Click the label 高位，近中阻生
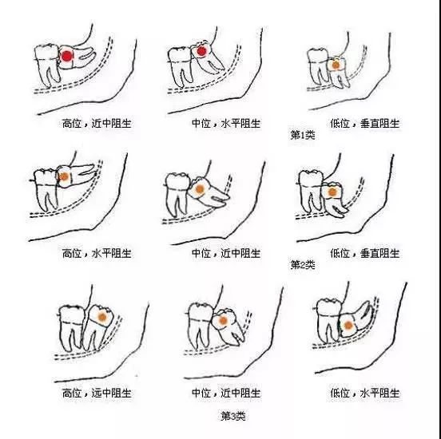[x=97, y=124]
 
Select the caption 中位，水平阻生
[x=226, y=124]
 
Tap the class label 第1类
[x=303, y=135]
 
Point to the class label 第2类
[x=303, y=264]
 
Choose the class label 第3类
[x=233, y=416]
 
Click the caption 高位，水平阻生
[x=97, y=253]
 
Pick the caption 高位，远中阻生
[x=97, y=393]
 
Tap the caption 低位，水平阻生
[x=365, y=393]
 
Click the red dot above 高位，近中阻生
[x=67, y=56]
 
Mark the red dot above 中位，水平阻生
[x=201, y=51]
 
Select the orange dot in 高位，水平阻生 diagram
[x=65, y=176]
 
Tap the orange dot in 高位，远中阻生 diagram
[x=102, y=317]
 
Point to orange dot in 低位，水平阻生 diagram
[x=348, y=326]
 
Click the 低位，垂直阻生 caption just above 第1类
[x=365, y=124]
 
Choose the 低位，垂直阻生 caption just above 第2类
[x=365, y=253]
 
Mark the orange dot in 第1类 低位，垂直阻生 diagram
[x=336, y=65]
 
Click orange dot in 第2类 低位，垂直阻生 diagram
[x=332, y=192]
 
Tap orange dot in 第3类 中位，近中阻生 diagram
[x=223, y=321]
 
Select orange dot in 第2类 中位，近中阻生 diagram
[x=200, y=189]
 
